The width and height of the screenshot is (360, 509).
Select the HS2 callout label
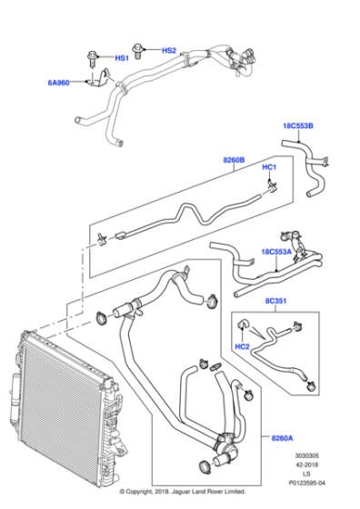click(169, 50)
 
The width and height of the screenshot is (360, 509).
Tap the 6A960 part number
click(60, 84)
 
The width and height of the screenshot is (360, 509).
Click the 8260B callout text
click(234, 161)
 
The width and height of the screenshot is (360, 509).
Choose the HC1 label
click(269, 168)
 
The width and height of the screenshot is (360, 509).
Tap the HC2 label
click(243, 347)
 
